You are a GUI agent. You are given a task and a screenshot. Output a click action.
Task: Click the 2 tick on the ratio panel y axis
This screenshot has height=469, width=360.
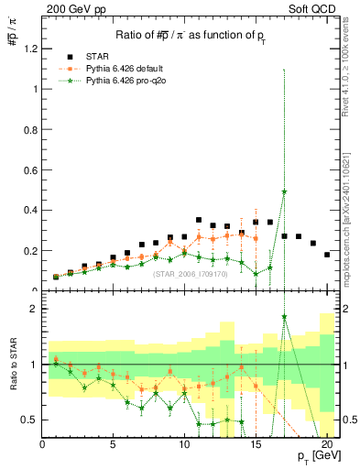(34, 309)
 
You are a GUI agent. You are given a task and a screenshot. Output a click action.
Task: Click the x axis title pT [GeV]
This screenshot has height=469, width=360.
(314, 459)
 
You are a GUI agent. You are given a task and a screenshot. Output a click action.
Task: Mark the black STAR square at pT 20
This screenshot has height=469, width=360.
(327, 255)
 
